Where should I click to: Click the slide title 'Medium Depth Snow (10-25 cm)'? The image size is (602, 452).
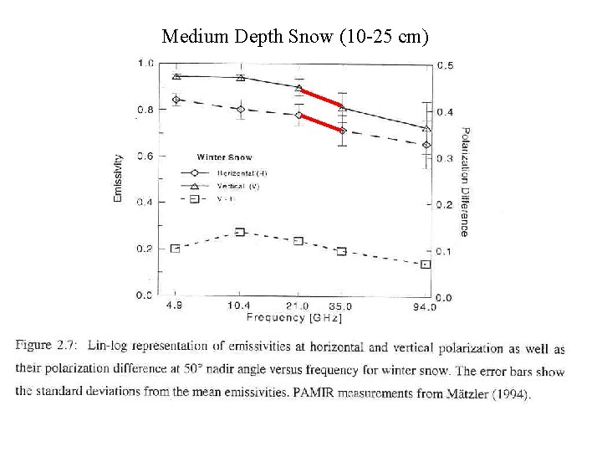(x=295, y=36)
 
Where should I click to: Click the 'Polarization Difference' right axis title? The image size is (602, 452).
(x=465, y=181)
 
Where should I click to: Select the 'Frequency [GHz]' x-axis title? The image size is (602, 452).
(x=293, y=318)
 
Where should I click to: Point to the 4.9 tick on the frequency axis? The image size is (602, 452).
(x=175, y=306)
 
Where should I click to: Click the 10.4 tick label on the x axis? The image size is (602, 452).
(x=239, y=306)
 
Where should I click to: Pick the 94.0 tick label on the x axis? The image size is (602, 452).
(x=424, y=307)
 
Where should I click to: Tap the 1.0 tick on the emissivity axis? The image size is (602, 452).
(x=145, y=63)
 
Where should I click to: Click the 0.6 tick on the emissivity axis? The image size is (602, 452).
(x=145, y=157)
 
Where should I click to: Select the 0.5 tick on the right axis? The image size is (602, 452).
(x=446, y=66)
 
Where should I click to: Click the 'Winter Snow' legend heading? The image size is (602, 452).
(x=224, y=157)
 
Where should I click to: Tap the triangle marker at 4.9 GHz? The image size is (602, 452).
(x=176, y=76)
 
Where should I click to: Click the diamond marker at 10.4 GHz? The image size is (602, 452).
(x=241, y=109)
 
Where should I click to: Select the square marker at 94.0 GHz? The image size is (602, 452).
(x=426, y=264)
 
